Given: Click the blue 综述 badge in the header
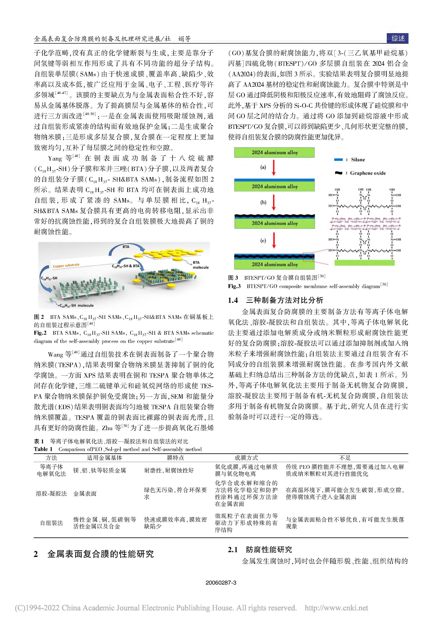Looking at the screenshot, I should pyautogui.click(x=398, y=38).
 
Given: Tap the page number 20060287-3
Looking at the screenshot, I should pyautogui.click(x=221, y=583).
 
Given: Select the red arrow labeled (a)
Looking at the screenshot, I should pyautogui.click(x=274, y=168).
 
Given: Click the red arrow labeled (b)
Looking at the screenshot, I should pyautogui.click(x=274, y=202).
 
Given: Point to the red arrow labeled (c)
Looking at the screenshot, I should pyautogui.click(x=274, y=240).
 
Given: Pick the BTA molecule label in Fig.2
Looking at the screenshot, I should pyautogui.click(x=200, y=265).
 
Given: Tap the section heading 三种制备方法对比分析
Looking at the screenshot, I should pyautogui.click(x=284, y=300).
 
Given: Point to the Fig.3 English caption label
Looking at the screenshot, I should pyautogui.click(x=234, y=286).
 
